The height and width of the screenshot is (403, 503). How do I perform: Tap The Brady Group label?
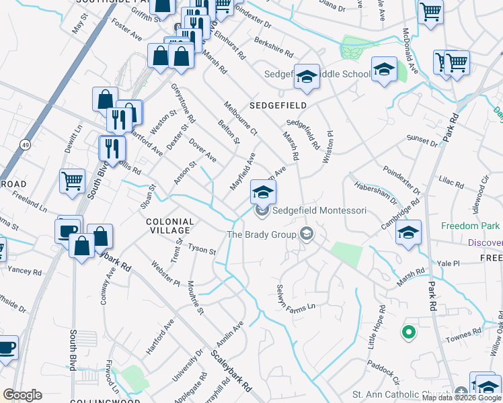262,234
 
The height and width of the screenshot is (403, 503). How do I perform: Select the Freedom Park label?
471,226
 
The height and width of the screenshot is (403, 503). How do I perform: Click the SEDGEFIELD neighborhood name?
278,106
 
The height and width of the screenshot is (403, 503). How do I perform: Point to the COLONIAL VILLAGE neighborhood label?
171,226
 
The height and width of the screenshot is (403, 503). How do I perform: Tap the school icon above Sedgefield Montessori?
263,191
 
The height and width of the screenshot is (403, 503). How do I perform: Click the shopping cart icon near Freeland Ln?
72,180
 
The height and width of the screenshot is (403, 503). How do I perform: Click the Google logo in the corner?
22,395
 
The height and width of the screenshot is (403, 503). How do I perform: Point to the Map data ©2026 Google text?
462,398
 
